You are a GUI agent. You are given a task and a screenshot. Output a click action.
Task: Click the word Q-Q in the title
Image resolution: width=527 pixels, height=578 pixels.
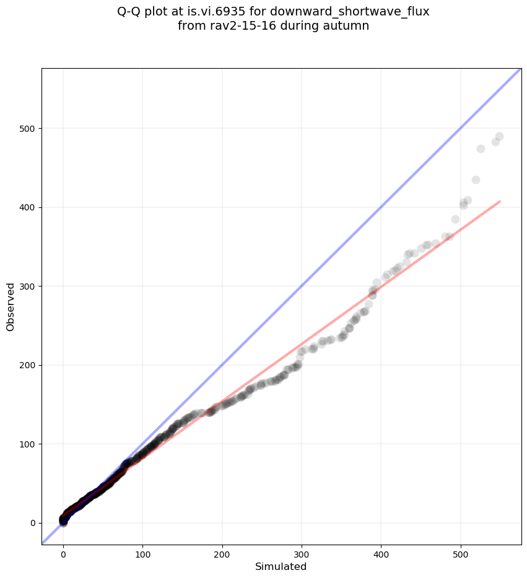point(131,11)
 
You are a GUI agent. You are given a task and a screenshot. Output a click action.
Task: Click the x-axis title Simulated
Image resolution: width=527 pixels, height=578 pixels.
point(281,566)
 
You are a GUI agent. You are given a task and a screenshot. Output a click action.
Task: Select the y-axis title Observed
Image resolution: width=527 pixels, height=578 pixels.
point(11,306)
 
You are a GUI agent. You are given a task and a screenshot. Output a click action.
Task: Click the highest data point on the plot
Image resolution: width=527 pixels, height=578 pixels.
point(499,136)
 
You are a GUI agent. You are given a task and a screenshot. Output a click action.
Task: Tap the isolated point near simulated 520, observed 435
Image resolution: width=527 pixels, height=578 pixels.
point(476,179)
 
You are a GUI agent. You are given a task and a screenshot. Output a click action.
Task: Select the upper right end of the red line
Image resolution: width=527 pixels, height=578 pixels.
point(500,201)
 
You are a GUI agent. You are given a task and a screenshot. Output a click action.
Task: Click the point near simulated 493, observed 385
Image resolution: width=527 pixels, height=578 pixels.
point(455,219)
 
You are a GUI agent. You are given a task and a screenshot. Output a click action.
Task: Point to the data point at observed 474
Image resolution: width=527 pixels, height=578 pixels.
point(481,149)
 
